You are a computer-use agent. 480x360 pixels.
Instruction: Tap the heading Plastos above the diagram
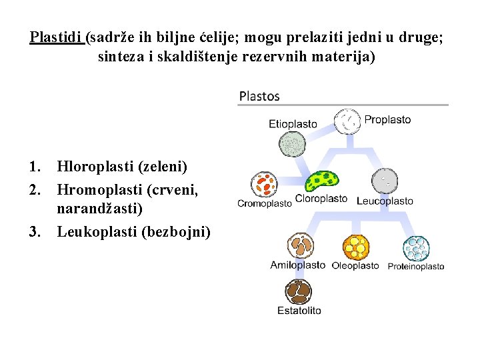[259, 96]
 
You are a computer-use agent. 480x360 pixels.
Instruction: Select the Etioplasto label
[293, 124]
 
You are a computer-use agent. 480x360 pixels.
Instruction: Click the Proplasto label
[387, 120]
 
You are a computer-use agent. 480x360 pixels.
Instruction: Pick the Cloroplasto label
[321, 199]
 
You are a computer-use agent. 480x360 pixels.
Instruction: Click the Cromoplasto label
[265, 203]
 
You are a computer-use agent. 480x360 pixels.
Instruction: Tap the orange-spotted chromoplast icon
[263, 184]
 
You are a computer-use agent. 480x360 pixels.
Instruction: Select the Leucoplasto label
[385, 201]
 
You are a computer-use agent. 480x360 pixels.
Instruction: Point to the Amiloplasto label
[297, 265]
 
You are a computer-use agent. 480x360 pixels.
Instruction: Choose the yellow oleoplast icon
[356, 247]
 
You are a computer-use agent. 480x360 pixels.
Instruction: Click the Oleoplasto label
[355, 265]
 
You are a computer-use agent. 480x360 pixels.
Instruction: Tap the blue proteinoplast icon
[416, 249]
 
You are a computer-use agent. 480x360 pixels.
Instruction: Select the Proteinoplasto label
[416, 267]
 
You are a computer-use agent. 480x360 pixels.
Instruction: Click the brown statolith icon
[299, 291]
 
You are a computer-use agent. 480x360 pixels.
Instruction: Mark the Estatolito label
[299, 310]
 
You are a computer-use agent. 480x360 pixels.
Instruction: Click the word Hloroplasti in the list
[94, 165]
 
